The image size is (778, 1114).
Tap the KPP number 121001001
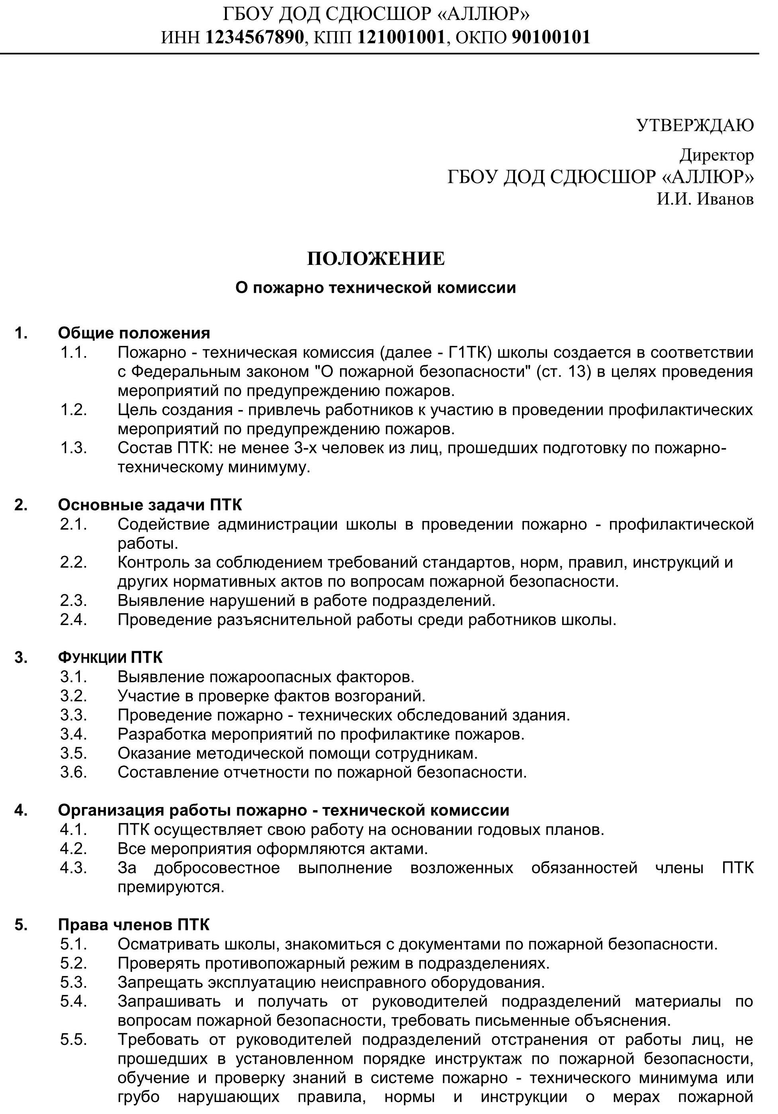pyautogui.click(x=401, y=37)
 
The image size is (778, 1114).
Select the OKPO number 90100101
pyautogui.click(x=551, y=37)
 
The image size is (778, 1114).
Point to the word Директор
pyautogui.click(x=716, y=155)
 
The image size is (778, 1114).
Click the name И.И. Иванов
pyautogui.click(x=705, y=199)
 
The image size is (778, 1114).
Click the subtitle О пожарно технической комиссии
pyautogui.click(x=375, y=288)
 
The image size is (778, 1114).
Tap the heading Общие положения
pyautogui.click(x=134, y=333)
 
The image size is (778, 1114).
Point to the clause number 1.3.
pyautogui.click(x=73, y=447)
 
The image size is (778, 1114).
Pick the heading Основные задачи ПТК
pyautogui.click(x=150, y=505)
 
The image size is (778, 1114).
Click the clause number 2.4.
pyautogui.click(x=73, y=620)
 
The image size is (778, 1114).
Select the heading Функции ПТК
pyautogui.click(x=110, y=658)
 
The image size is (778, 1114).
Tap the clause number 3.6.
pyautogui.click(x=73, y=772)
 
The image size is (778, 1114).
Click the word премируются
pyautogui.click(x=171, y=887)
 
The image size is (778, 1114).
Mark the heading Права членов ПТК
pyautogui.click(x=133, y=925)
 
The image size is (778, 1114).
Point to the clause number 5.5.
pyautogui.click(x=73, y=1040)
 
